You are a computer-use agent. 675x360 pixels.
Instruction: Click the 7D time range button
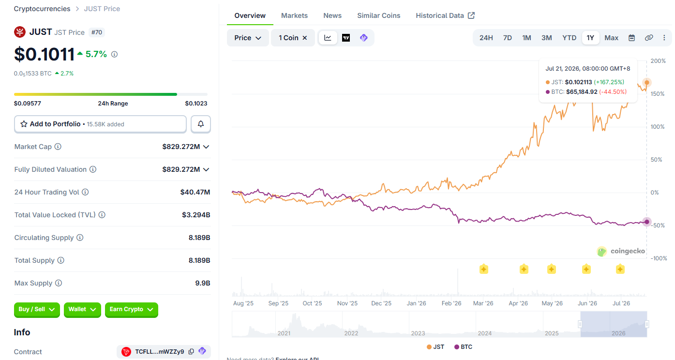point(508,38)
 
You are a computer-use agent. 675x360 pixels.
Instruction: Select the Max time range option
point(612,38)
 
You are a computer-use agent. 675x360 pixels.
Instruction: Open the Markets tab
point(294,15)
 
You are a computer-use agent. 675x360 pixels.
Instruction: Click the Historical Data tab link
point(445,15)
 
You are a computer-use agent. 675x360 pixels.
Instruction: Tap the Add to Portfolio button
point(100,124)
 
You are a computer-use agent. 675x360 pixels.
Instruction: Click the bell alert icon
point(201,124)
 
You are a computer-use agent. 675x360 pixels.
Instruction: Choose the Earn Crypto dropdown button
point(132,309)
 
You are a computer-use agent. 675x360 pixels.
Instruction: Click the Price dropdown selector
point(248,38)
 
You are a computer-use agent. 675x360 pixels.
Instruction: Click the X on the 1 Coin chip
point(305,38)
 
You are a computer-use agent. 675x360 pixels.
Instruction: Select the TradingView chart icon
point(346,38)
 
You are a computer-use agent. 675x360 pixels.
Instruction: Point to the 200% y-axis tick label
point(658,61)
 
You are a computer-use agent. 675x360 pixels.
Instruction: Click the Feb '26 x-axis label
point(451,303)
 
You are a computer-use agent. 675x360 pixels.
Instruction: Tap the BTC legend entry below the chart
point(463,347)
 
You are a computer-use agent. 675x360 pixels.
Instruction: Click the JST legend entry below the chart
point(435,347)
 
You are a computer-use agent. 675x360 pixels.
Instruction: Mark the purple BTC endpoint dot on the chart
point(646,222)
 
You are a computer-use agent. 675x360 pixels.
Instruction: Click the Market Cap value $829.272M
point(181,147)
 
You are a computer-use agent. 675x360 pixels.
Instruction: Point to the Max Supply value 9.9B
point(202,283)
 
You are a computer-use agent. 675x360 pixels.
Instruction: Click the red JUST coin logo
point(20,32)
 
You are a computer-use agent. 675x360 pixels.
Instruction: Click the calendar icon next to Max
point(631,38)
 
